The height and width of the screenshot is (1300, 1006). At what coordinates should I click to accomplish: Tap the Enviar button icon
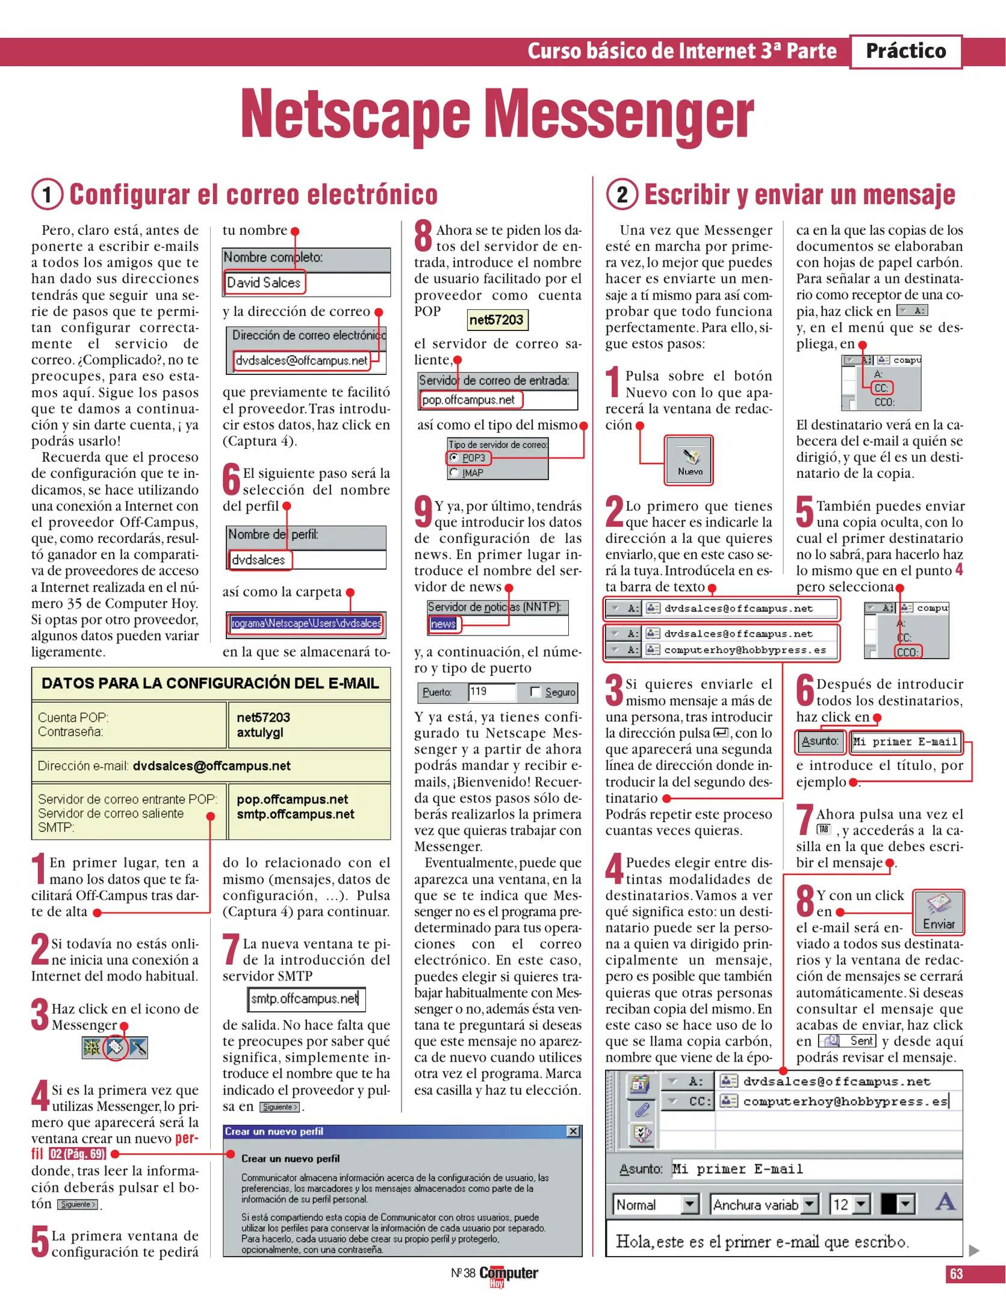[938, 912]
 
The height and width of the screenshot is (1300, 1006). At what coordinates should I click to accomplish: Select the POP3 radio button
[455, 457]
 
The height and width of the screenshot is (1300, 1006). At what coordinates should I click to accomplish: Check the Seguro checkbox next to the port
[535, 692]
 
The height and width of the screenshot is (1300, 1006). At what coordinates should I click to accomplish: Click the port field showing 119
[491, 692]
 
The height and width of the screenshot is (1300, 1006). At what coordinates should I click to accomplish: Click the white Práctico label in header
[905, 51]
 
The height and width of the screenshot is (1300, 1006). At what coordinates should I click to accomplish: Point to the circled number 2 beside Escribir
[622, 194]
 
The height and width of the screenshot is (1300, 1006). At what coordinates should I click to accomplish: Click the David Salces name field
[265, 282]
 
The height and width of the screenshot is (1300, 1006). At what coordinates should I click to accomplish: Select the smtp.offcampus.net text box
[306, 999]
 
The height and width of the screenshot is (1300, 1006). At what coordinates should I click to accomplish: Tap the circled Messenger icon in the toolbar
[115, 1048]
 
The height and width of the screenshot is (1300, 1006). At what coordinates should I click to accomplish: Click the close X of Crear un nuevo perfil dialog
[573, 1131]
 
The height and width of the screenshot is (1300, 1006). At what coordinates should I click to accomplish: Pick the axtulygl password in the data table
[260, 732]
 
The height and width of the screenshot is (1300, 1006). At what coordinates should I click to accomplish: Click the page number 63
[956, 1274]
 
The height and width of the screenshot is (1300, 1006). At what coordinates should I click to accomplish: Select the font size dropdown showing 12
[850, 1204]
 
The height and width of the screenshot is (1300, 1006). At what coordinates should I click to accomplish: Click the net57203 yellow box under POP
[497, 320]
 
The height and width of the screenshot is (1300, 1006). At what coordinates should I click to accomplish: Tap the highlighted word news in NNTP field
[444, 624]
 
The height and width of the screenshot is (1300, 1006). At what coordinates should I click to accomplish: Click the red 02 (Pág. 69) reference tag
[77, 1154]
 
